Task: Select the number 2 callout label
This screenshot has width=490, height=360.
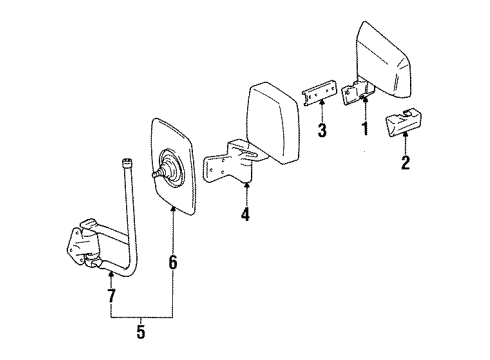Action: click(x=405, y=163)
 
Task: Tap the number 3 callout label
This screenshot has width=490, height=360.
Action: click(x=322, y=131)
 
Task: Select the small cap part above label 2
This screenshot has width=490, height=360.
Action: click(x=407, y=123)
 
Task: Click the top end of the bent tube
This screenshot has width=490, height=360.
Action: click(x=126, y=163)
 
